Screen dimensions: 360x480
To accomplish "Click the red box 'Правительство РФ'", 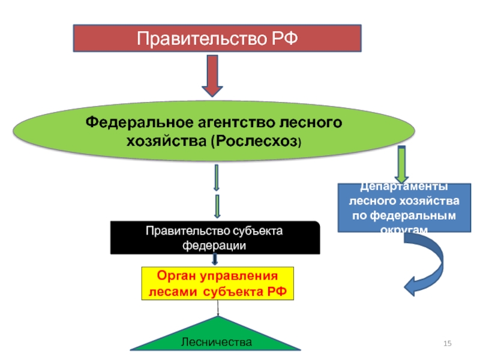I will click(x=217, y=38).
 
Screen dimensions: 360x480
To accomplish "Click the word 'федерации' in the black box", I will click(x=215, y=245).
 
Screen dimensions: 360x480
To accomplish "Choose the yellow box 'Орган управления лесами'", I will click(x=217, y=284).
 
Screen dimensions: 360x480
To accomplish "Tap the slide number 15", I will click(x=447, y=343).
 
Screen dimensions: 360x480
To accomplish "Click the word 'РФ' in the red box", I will click(x=283, y=39).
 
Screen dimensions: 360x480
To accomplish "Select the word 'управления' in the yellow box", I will click(x=239, y=277).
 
